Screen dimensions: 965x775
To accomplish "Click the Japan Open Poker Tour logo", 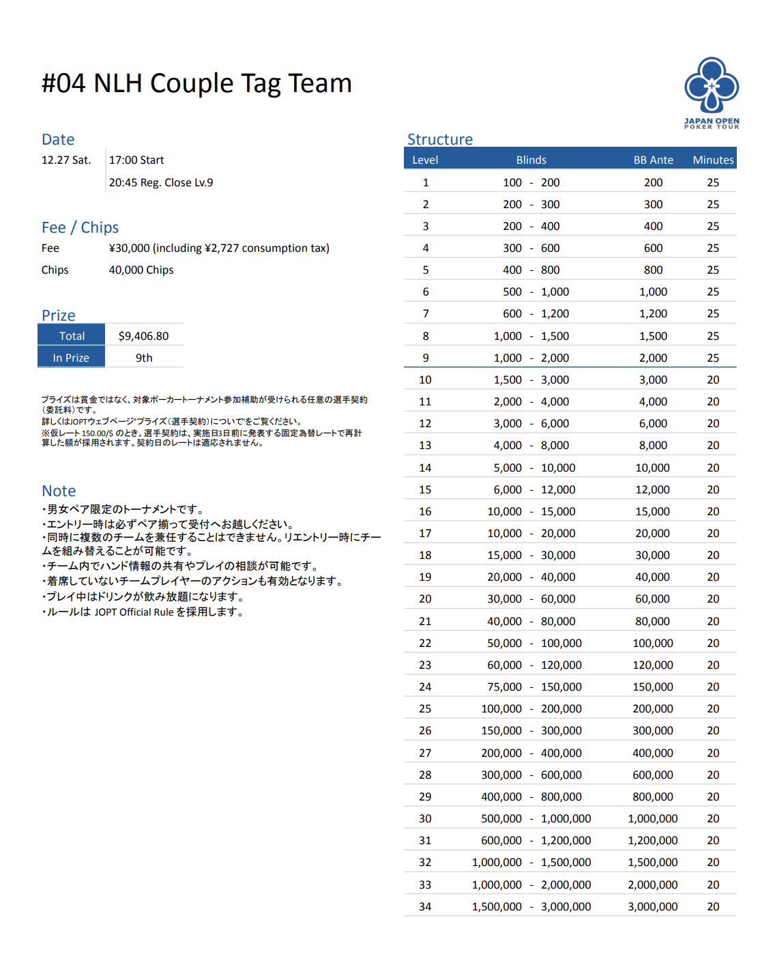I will (x=712, y=92).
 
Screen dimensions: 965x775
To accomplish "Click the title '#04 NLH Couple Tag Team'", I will (x=196, y=83).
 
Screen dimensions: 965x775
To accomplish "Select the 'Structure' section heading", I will (x=440, y=139).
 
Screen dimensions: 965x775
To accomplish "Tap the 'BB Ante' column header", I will (x=653, y=160).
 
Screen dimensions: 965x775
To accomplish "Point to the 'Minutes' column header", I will (x=713, y=160).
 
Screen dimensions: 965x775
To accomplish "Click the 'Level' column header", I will (x=425, y=160).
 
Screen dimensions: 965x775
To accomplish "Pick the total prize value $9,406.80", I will (x=143, y=336).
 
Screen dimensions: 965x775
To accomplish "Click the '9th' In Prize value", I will (x=144, y=358).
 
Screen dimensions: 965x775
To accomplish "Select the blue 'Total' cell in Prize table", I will (x=72, y=336).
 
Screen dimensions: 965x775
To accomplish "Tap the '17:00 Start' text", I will (x=136, y=160).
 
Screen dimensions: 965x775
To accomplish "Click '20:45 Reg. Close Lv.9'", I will (x=161, y=182).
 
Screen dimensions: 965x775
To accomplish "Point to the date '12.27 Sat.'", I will (x=66, y=160).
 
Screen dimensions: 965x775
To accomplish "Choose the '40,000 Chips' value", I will (x=141, y=270).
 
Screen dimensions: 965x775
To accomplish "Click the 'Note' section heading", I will (x=59, y=491).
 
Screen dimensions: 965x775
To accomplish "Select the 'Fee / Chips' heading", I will (x=80, y=227).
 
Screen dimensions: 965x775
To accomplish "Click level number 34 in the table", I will (x=425, y=906).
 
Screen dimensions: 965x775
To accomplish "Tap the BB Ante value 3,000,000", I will (x=653, y=906).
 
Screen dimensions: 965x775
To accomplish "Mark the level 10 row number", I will (x=425, y=379).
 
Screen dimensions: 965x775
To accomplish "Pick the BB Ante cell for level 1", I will (x=653, y=182).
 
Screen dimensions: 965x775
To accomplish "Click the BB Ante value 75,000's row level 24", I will (x=425, y=687).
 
